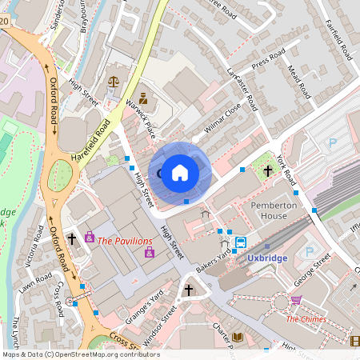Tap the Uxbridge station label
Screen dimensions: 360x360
tap(268, 258)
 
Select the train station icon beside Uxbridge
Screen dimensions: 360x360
tap(240, 243)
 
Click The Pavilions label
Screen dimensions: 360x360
tap(125, 240)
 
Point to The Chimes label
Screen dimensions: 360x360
tap(306, 318)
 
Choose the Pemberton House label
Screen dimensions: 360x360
tap(274, 211)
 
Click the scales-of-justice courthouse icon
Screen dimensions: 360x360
tap(112, 81)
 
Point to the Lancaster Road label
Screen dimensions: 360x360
tap(241, 89)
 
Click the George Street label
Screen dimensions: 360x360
tap(312, 271)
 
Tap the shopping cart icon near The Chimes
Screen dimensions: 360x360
tap(297, 301)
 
